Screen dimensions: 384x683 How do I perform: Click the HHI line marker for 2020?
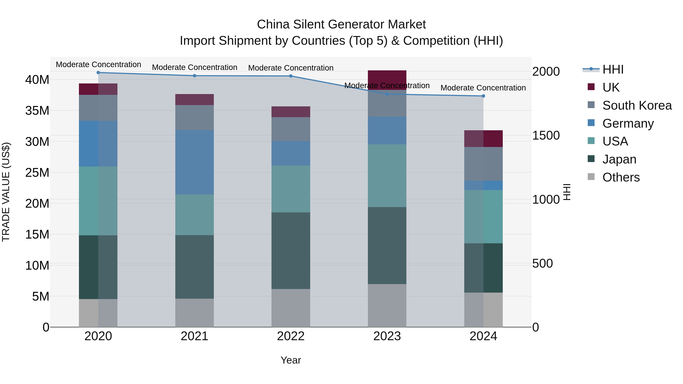tap(98, 73)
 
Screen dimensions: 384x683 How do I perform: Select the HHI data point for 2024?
tap(483, 96)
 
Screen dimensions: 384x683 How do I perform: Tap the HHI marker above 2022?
tap(291, 76)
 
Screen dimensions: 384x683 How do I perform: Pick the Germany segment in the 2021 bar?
tap(194, 162)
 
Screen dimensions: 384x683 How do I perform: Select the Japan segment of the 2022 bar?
tap(291, 251)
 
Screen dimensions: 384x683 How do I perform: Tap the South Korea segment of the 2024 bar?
tap(483, 164)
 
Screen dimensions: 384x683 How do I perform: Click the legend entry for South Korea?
tap(637, 105)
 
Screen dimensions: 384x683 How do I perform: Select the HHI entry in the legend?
tap(613, 69)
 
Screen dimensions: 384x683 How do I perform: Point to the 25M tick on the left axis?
tap(37, 173)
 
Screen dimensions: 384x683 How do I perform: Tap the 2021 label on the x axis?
tap(194, 336)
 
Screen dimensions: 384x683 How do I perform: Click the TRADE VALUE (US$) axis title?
tap(6, 192)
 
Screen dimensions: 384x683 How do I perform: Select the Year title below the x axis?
tap(291, 360)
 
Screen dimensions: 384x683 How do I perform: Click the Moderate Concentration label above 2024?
tap(483, 88)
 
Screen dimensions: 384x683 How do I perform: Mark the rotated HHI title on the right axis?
tap(567, 192)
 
